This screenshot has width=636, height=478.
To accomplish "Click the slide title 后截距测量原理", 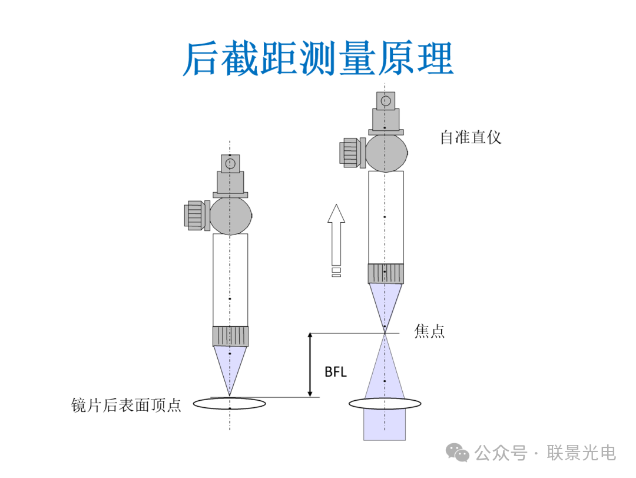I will (317, 58).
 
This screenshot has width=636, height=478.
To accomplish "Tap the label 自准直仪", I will (471, 138).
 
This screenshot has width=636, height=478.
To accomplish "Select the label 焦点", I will (429, 331).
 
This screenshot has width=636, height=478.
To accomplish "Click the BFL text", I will (336, 372).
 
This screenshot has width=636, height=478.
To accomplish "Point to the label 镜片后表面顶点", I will (126, 405).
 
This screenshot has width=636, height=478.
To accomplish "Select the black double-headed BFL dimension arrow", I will (310, 364).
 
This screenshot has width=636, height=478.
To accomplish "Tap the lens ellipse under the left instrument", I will (230, 404).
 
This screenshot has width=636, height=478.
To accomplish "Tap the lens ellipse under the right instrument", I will (385, 404).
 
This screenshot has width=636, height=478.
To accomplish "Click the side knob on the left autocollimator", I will (197, 215).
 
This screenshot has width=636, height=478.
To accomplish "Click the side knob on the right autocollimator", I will (352, 152).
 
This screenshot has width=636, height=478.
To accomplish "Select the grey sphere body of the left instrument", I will (231, 215).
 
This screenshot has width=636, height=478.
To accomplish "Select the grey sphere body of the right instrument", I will (386, 152).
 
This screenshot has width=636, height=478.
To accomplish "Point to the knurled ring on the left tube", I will (230, 336).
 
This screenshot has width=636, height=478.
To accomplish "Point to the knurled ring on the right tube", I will (386, 273).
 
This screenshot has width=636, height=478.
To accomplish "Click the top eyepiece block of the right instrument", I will (386, 101).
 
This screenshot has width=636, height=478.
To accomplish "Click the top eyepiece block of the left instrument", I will (230, 163).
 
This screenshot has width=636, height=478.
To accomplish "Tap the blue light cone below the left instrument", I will (230, 365).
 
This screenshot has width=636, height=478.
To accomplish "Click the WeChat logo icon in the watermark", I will (457, 452).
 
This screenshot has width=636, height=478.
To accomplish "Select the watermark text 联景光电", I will (581, 453).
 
